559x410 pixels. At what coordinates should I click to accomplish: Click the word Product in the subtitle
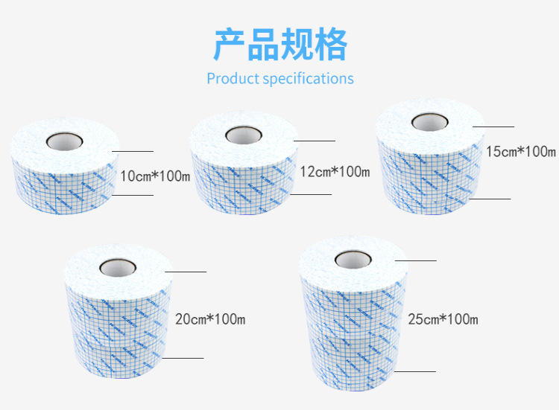[233, 78]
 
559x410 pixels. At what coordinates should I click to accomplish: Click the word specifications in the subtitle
[308, 79]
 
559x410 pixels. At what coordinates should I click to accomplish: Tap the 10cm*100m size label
[155, 176]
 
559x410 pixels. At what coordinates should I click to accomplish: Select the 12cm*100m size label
[334, 173]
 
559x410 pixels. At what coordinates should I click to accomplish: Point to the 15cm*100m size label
[520, 152]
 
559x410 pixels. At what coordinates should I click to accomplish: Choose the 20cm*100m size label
[209, 320]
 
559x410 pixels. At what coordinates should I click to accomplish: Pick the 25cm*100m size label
[443, 319]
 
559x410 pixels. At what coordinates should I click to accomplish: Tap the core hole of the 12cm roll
[244, 135]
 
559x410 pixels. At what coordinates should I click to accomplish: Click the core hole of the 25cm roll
[351, 258]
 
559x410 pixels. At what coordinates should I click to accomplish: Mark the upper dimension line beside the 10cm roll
[133, 151]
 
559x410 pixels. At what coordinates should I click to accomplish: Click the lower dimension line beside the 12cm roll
[311, 194]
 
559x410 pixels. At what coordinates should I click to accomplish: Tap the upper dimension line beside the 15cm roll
[493, 127]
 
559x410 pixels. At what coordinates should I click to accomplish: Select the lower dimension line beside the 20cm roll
[183, 358]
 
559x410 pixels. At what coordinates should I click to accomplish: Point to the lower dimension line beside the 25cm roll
[415, 371]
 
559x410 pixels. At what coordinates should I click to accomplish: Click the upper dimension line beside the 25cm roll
[415, 260]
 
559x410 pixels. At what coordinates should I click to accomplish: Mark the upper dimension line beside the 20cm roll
[186, 272]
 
